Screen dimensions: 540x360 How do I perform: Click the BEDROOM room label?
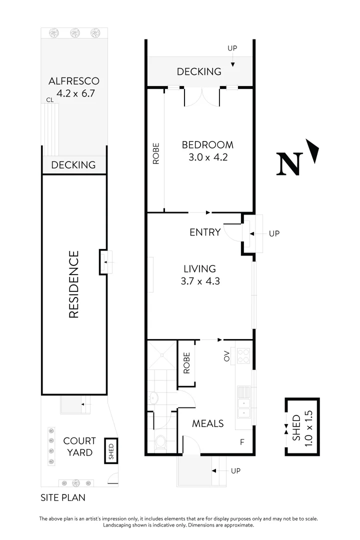pos(207,145)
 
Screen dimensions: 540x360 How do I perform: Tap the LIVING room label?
pos(199,268)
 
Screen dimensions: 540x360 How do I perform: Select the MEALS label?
pos(208,423)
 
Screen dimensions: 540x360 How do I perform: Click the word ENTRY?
pos(205,232)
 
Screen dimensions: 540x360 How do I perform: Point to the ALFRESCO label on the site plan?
pos(74,81)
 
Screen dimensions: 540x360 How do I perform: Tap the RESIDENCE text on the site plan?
pos(74,284)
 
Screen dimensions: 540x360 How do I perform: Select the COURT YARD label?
pos(79,446)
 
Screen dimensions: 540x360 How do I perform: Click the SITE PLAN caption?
pos(63,497)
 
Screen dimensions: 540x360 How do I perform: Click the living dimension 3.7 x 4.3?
pos(200,281)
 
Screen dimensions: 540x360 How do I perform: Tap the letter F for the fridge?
pos(242,442)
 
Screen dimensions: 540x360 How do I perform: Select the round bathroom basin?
pos(153,398)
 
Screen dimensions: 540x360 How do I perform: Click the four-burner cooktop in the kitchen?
pos(243,355)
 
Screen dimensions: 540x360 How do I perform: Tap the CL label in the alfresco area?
pos(49,100)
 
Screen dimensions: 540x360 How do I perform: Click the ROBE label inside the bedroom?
pos(156,153)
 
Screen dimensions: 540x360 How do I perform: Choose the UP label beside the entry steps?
pos(274,233)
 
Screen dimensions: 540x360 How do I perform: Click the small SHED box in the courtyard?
pos(111,451)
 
